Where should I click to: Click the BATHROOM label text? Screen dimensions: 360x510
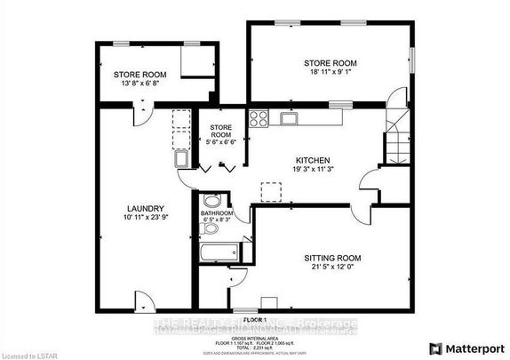[x=217, y=214]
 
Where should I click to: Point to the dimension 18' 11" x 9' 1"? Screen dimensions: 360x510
[x=330, y=75]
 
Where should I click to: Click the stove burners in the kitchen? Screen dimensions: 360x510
[x=259, y=118]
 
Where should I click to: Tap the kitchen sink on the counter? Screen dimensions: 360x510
[x=288, y=117]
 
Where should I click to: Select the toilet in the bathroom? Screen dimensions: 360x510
[x=210, y=229]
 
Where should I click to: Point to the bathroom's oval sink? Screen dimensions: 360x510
[x=210, y=200]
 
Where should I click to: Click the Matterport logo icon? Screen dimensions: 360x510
[x=436, y=348]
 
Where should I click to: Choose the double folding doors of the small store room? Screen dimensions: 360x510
[x=216, y=167]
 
